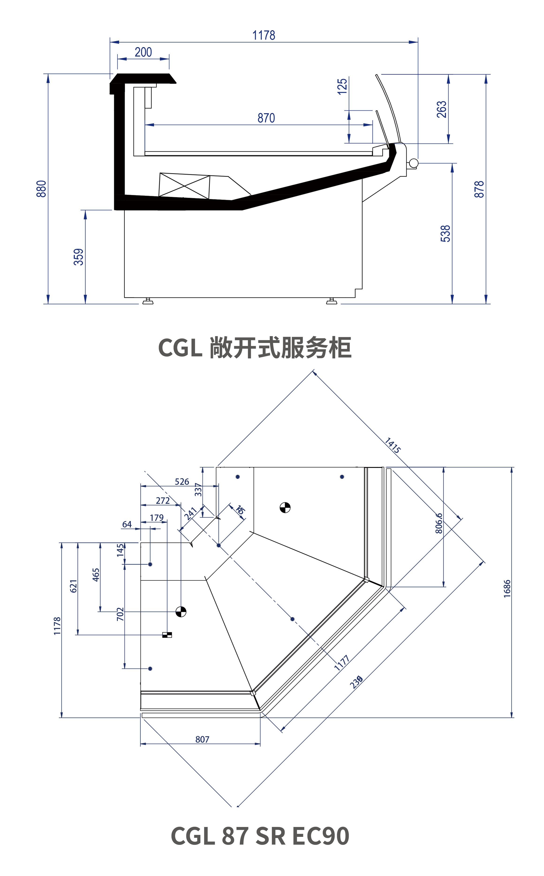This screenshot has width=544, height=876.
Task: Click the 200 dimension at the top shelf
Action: [143, 52]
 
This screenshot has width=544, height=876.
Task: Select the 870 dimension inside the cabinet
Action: [266, 118]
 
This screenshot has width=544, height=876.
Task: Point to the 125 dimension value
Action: [342, 86]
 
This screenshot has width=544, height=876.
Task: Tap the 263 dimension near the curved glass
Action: [442, 109]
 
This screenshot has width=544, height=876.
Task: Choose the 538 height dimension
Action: [446, 234]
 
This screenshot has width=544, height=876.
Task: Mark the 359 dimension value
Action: [78, 257]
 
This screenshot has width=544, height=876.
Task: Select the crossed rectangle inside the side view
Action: [184, 186]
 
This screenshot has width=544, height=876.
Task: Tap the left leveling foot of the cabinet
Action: [147, 301]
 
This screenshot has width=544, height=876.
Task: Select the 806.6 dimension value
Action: [439, 523]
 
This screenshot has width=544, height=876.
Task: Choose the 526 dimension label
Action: [182, 482]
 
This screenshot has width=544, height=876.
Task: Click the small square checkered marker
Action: [167, 635]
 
